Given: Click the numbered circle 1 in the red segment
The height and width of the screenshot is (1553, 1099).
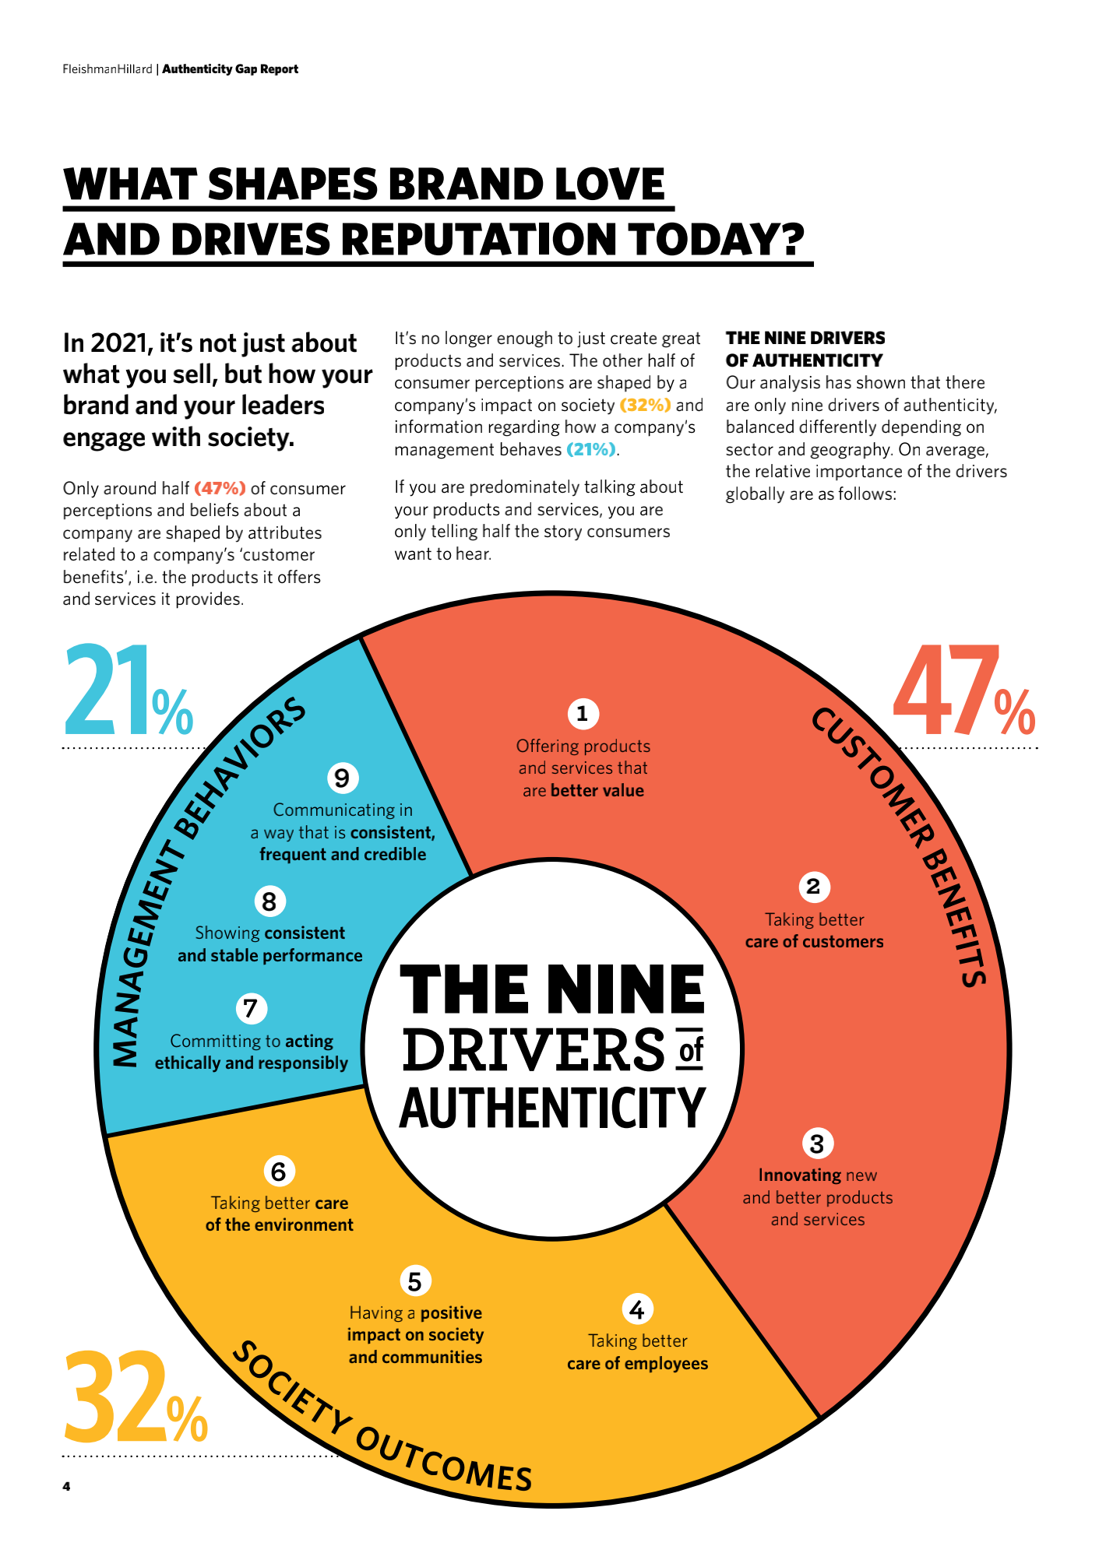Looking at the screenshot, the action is click(x=582, y=713).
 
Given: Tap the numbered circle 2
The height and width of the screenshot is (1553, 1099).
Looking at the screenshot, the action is click(x=814, y=887).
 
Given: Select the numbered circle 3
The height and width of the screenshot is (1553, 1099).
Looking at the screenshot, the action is click(x=817, y=1144).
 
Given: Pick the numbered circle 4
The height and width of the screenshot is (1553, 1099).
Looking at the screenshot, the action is click(x=637, y=1309).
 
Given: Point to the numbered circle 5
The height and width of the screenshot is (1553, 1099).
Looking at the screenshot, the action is click(x=414, y=1281).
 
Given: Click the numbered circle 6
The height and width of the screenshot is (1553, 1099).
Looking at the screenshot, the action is click(x=279, y=1171).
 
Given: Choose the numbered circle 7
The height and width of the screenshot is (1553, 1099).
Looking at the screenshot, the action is click(x=251, y=1008).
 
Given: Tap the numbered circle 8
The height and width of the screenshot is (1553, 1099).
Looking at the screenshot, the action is click(x=269, y=901).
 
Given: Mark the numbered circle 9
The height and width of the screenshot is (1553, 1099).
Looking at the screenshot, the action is click(x=342, y=778).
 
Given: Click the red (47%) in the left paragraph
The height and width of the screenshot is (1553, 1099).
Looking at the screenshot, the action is click(x=220, y=488).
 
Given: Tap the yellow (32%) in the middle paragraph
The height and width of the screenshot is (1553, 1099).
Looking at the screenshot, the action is click(x=645, y=405).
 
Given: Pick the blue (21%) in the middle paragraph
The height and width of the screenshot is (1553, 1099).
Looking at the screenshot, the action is click(x=591, y=449).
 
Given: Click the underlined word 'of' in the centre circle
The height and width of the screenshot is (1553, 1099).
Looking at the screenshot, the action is click(x=691, y=1050).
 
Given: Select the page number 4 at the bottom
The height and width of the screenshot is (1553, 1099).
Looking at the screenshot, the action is click(x=66, y=1486).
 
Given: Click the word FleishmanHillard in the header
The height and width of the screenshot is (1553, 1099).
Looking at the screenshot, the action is click(x=107, y=69).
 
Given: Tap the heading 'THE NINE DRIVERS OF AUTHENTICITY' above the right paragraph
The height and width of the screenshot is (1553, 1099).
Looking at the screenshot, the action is click(x=805, y=349).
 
